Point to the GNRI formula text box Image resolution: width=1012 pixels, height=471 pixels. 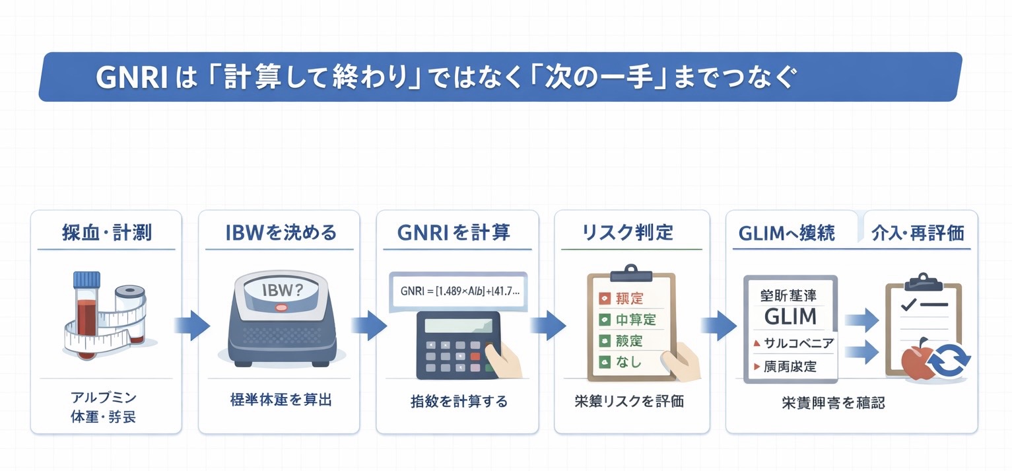458,291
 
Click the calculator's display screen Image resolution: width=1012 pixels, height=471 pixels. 457,326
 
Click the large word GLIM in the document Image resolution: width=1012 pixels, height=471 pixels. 790,316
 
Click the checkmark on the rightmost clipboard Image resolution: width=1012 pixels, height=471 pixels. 907,305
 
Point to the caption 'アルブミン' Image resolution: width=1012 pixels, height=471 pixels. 103,398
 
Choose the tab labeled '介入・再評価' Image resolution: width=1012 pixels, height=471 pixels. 918,233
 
